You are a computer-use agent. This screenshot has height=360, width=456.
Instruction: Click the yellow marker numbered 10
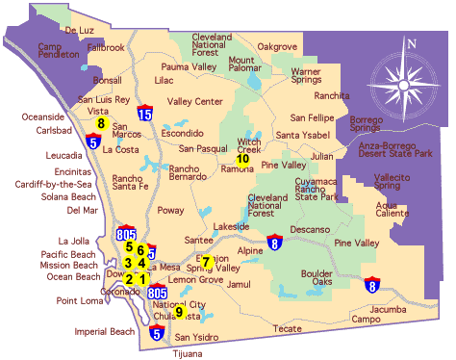[242, 159]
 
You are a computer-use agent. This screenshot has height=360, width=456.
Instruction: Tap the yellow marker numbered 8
[101, 123]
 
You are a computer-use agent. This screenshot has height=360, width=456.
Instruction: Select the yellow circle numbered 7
[205, 262]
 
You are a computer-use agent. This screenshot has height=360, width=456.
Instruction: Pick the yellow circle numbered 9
[179, 311]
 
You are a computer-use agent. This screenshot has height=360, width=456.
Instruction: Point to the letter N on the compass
[411, 43]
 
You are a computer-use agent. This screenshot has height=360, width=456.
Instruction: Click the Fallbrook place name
[106, 46]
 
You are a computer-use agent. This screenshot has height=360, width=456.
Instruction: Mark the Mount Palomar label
[247, 64]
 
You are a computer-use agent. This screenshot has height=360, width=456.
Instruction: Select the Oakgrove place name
[278, 46]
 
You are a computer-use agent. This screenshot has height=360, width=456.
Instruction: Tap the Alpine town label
[250, 250]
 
